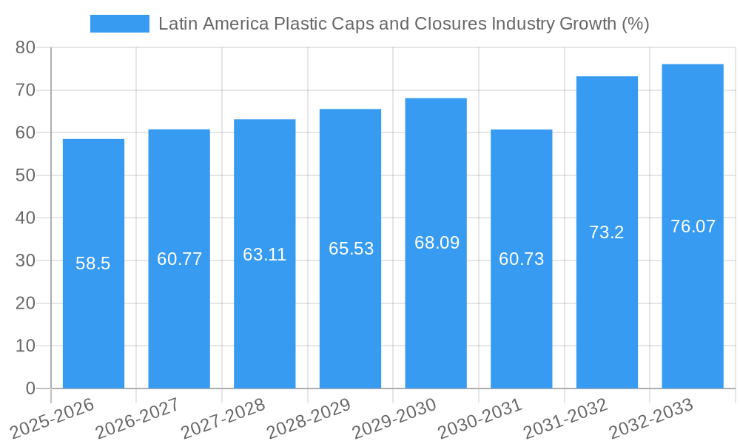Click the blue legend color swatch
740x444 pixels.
coord(119,24)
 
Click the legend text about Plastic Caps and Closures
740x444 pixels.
coord(403,24)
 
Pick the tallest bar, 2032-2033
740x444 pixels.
coord(693,311)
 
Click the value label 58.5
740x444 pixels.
coord(93,263)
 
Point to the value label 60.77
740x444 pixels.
coord(179,259)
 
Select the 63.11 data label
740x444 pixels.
coord(264,255)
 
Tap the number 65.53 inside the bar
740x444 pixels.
coord(351,249)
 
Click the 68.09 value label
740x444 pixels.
coord(437,243)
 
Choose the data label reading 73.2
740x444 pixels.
coord(607,232)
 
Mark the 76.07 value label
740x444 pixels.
coord(693,226)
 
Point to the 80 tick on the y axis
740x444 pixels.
coord(25,48)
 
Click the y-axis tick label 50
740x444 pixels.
coord(25,176)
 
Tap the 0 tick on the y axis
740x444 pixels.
coord(30,388)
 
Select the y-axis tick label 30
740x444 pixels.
coord(25,261)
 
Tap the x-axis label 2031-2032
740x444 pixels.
coord(565,417)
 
